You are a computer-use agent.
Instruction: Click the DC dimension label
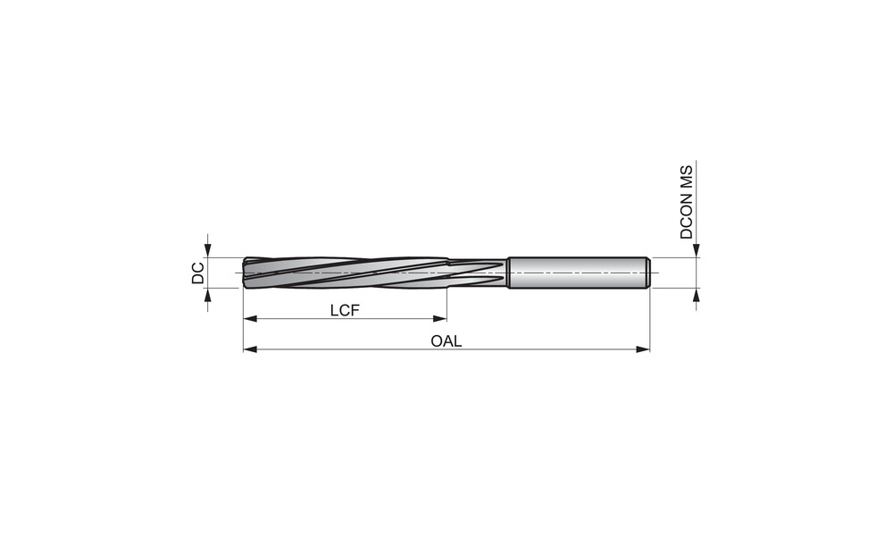(x=197, y=273)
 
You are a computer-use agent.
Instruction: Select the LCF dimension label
(x=345, y=311)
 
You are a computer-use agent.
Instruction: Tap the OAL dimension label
(x=446, y=341)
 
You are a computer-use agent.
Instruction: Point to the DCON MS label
(x=686, y=202)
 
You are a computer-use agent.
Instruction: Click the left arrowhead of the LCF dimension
(x=250, y=319)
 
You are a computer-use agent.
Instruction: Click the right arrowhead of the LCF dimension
(x=439, y=319)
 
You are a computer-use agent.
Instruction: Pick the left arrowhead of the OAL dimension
(x=250, y=349)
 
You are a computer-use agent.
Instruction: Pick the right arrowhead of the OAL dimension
(x=643, y=349)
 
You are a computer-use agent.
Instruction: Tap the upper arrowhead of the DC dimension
(x=208, y=251)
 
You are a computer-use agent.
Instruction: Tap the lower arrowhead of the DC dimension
(x=208, y=295)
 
